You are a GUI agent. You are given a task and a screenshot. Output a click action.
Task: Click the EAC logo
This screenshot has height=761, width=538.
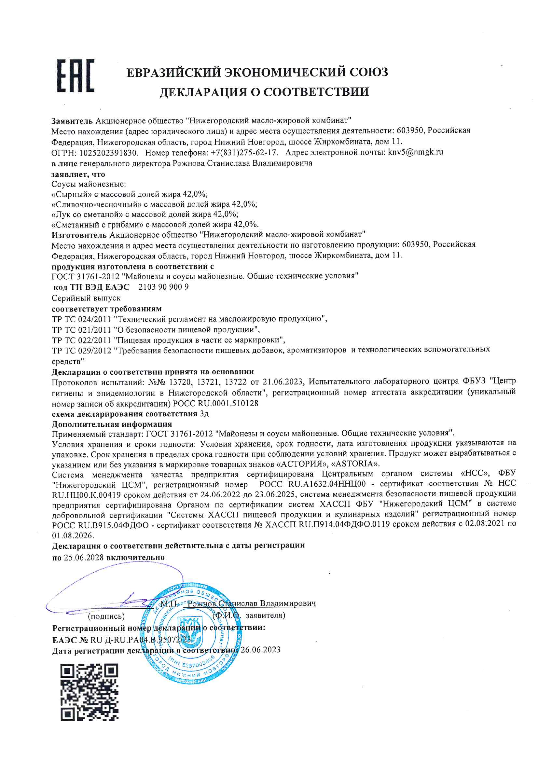coord(76,76)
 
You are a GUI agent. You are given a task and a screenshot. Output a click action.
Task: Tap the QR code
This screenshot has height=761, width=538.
coord(89,692)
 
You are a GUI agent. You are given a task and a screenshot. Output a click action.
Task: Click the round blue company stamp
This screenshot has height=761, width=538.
coord(191,634)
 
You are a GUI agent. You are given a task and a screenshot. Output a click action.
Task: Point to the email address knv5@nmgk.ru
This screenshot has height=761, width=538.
coord(415,152)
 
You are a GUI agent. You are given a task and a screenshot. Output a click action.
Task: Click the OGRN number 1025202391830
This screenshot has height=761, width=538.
coord(108,153)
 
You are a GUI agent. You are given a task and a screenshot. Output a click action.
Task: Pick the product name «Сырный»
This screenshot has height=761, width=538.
coord(72,194)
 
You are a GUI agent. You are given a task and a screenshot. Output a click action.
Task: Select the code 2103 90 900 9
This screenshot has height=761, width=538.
coord(163,287)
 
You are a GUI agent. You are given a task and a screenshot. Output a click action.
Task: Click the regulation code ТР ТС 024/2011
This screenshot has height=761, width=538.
coord(81,319)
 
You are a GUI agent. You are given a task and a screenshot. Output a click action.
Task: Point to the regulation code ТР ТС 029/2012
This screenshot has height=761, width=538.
coord(81,351)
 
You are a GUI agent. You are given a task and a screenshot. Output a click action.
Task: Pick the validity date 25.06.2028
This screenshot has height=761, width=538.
coord(84,558)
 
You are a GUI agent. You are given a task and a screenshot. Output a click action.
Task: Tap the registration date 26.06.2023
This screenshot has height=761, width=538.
coord(261,650)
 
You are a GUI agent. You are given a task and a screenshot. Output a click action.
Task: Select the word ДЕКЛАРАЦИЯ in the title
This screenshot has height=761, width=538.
coord(203,92)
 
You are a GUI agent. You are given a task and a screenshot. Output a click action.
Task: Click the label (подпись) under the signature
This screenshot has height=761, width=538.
coord(106,616)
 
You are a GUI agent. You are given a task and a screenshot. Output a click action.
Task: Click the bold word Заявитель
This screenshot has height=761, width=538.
coord(72,121)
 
